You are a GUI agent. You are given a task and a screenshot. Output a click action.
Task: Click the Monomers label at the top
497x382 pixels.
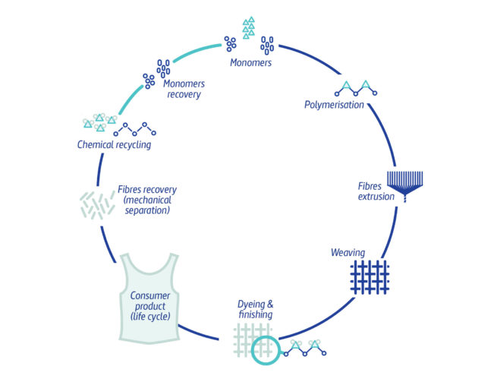[x=250, y=62]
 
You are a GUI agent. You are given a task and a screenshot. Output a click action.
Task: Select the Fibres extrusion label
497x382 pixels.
[x=376, y=191]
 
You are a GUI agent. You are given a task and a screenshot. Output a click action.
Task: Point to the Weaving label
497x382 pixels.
[x=348, y=252]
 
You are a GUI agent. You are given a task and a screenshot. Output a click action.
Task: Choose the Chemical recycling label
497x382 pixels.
[x=114, y=144]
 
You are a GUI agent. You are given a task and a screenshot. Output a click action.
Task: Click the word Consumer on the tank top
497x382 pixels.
[x=149, y=296]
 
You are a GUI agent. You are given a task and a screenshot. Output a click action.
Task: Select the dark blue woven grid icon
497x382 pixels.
[x=370, y=277]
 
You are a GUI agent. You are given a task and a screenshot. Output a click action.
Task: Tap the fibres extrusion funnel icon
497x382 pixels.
[x=405, y=183]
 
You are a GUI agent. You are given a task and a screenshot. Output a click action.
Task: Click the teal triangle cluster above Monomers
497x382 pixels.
[x=248, y=28]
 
